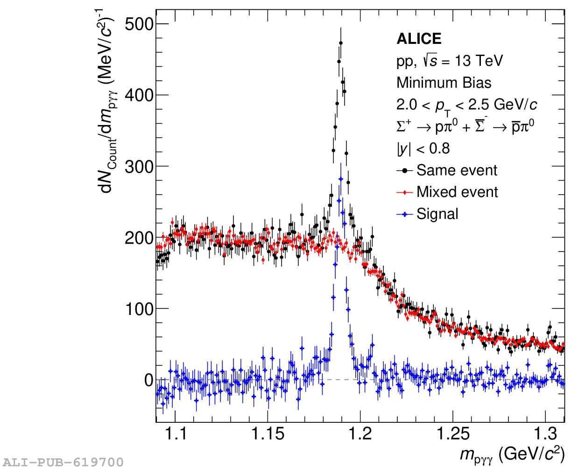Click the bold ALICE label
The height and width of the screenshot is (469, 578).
click(x=419, y=39)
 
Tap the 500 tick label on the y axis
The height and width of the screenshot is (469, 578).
click(x=139, y=24)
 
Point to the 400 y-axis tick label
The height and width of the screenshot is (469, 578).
click(x=139, y=95)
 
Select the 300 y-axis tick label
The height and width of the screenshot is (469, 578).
click(x=139, y=167)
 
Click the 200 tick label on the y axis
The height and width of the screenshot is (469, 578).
click(x=139, y=238)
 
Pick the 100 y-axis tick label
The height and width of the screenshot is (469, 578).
click(x=139, y=309)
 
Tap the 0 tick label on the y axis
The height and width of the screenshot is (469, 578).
click(x=148, y=380)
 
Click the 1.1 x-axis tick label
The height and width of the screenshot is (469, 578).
click(x=176, y=434)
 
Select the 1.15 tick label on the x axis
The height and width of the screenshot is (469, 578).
click(x=268, y=434)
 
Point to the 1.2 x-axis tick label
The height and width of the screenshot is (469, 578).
click(x=360, y=434)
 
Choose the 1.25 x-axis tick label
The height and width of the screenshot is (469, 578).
click(x=453, y=434)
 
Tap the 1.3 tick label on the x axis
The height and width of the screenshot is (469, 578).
click(x=545, y=434)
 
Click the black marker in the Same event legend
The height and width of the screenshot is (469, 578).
click(x=404, y=171)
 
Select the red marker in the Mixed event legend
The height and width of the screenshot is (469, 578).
click(x=404, y=192)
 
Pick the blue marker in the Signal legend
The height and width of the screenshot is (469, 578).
click(x=404, y=214)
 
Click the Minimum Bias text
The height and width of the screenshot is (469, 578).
click(x=444, y=83)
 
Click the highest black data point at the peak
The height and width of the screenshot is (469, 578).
click(x=341, y=43)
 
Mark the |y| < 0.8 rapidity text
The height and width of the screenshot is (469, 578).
click(x=423, y=149)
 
